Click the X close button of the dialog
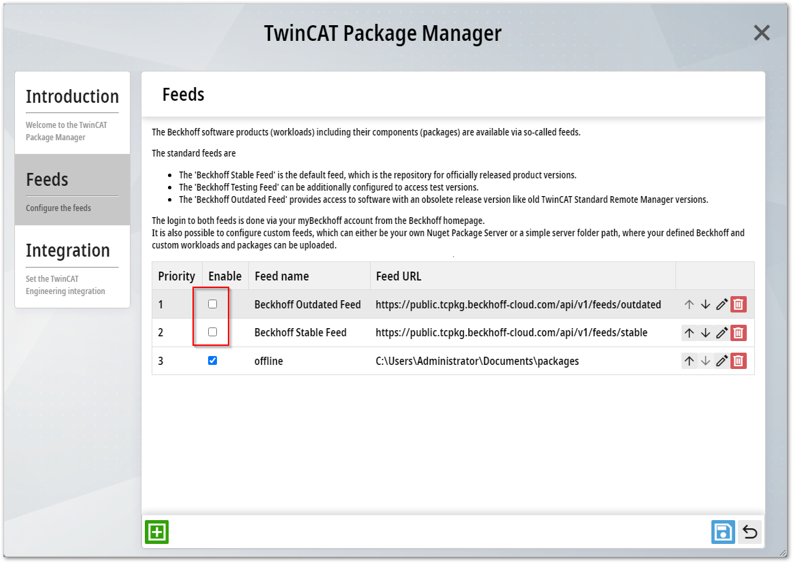click(x=762, y=33)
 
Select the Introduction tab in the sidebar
click(x=72, y=112)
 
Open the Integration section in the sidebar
click(x=72, y=266)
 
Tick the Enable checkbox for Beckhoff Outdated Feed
click(x=212, y=304)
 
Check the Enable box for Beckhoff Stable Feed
click(x=212, y=332)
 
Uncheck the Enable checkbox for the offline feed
click(x=212, y=361)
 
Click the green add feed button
click(x=157, y=532)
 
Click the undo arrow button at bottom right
click(x=750, y=532)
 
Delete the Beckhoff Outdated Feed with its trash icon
click(x=739, y=304)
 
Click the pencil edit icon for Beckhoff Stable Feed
click(x=722, y=333)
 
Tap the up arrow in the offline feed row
click(x=690, y=361)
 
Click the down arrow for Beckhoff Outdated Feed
click(x=705, y=304)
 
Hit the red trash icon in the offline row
click(x=739, y=361)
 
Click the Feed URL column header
click(x=399, y=276)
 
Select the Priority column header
click(x=177, y=276)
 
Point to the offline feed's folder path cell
click(x=477, y=361)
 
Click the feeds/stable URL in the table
click(x=511, y=333)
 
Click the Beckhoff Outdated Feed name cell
click(x=307, y=304)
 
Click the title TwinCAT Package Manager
click(x=383, y=33)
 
